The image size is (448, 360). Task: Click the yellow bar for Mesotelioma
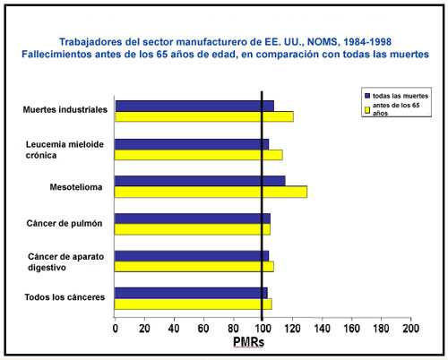pos(211,192)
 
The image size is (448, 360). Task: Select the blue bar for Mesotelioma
pos(201,181)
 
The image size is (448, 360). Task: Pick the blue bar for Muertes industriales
pos(194,106)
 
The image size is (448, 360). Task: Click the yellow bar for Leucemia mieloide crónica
pos(199,154)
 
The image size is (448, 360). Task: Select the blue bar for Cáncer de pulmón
pos(193,218)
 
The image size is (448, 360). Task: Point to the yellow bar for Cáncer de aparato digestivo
pos(194,266)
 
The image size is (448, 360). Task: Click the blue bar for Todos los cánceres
pos(192,292)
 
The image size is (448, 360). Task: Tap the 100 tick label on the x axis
pos(262,330)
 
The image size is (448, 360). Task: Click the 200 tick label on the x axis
pos(409,330)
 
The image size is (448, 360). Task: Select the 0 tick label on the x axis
pos(115,330)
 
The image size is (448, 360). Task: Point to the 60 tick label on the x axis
pos(203,330)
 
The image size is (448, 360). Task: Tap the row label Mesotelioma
pos(74,187)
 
